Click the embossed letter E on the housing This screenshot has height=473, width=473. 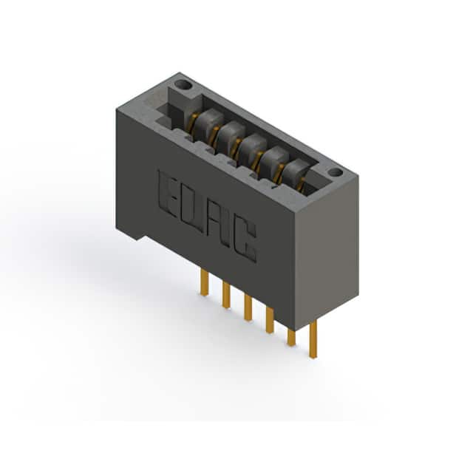[168, 194]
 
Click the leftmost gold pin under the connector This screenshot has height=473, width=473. [204, 282]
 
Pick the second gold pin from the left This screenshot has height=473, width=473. [226, 295]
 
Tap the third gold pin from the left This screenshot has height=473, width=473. [248, 307]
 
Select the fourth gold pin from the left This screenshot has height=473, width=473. [270, 320]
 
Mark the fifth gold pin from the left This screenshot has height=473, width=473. [291, 337]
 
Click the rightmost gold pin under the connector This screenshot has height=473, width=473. [313, 339]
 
